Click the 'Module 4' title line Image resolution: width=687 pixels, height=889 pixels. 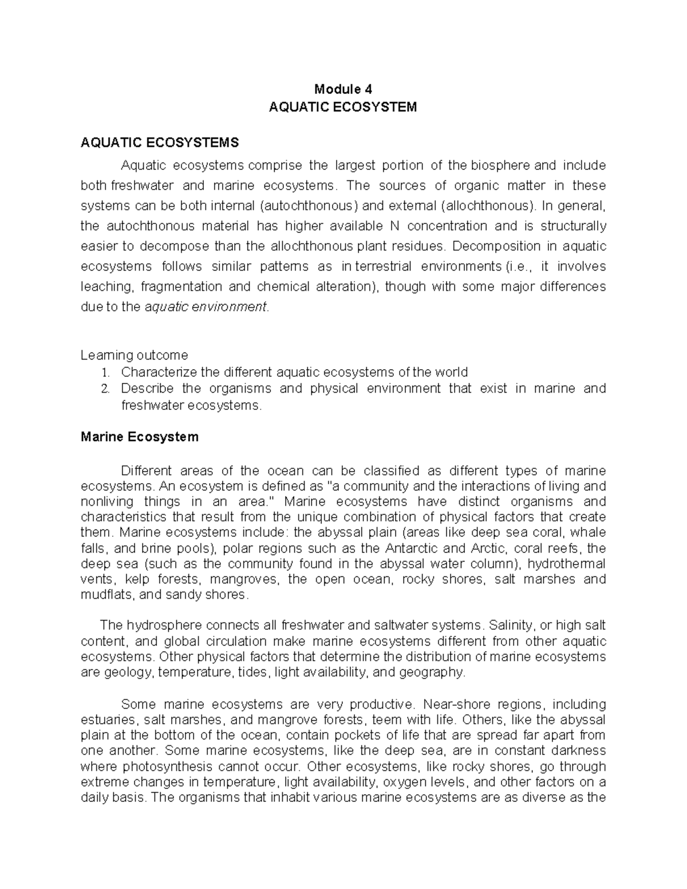(x=343, y=89)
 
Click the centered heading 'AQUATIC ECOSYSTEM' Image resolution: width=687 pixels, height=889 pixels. (x=343, y=107)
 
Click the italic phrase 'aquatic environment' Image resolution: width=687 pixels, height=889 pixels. (x=206, y=307)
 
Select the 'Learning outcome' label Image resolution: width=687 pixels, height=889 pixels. (x=134, y=355)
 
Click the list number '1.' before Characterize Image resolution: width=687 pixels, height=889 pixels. (x=104, y=373)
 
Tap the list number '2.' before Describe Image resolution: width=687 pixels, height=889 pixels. (x=104, y=389)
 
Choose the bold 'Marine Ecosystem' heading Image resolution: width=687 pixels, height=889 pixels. (x=140, y=437)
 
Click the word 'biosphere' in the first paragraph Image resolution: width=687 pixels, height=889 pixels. (x=500, y=166)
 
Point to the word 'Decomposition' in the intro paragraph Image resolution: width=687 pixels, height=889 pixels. (x=488, y=246)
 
